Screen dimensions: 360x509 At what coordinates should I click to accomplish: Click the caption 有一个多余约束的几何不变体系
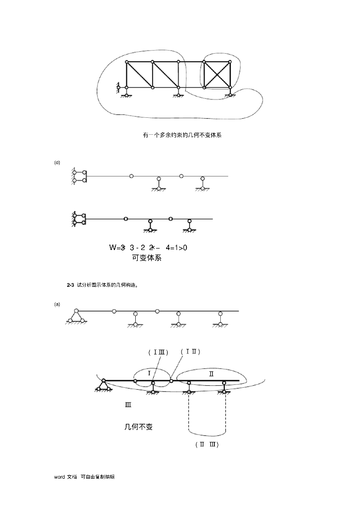coord(182,135)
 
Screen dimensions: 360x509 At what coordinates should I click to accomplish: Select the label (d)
coord(57,162)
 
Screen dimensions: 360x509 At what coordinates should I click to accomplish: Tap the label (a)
coord(57,304)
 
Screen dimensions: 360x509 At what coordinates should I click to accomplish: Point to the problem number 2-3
coord(70,285)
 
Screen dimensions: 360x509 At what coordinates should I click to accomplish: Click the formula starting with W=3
coord(148,248)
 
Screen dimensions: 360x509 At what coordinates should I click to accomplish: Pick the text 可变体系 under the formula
coord(147,258)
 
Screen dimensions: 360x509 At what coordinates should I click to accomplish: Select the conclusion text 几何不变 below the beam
coord(138,426)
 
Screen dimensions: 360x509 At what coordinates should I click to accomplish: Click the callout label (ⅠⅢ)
coord(158,352)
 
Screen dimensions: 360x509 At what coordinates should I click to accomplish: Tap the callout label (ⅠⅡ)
coord(190,351)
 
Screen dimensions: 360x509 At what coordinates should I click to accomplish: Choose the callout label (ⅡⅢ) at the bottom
coord(207,444)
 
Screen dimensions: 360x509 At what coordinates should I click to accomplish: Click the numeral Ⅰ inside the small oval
coord(149,373)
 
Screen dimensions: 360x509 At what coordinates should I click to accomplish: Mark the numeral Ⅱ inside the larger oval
coord(211,374)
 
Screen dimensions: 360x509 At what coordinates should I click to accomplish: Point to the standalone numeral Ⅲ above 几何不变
coord(128,405)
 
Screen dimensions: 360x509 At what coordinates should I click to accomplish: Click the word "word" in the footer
coord(60,477)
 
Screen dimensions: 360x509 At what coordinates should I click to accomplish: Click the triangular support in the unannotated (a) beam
coord(76,317)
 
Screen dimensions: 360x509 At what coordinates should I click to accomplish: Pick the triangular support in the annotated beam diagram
coord(103,385)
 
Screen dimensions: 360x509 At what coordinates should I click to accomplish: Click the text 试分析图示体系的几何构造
coord(107,285)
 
